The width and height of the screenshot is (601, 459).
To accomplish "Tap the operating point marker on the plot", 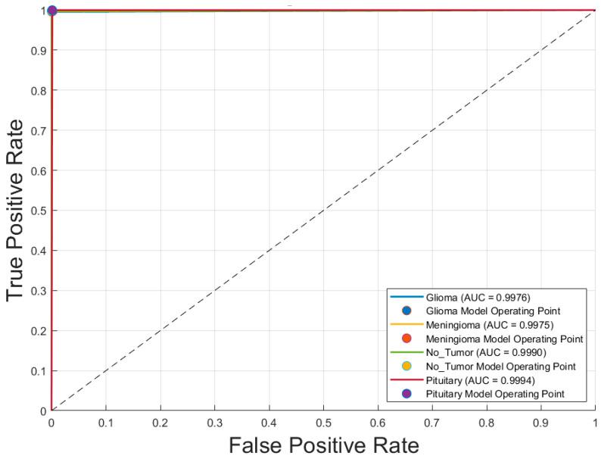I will pyautogui.click(x=51, y=11).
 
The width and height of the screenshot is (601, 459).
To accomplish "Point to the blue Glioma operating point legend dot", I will pyautogui.click(x=407, y=310).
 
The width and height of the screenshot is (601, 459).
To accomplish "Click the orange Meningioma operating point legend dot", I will pyautogui.click(x=407, y=338).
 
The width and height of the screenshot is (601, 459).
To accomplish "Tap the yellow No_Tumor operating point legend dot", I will pyautogui.click(x=407, y=366).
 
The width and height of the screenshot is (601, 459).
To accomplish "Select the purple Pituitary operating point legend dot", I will pyautogui.click(x=407, y=394).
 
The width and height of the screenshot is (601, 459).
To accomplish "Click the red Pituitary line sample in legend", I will pyautogui.click(x=407, y=380).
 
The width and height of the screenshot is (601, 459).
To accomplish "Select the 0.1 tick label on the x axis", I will pyautogui.click(x=106, y=420).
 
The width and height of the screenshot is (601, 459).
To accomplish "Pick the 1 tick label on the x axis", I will pyautogui.click(x=595, y=420).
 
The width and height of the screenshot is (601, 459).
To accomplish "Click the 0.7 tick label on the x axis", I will pyautogui.click(x=432, y=420).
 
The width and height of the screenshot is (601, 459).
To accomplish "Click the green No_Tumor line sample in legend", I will pyautogui.click(x=407, y=352).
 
